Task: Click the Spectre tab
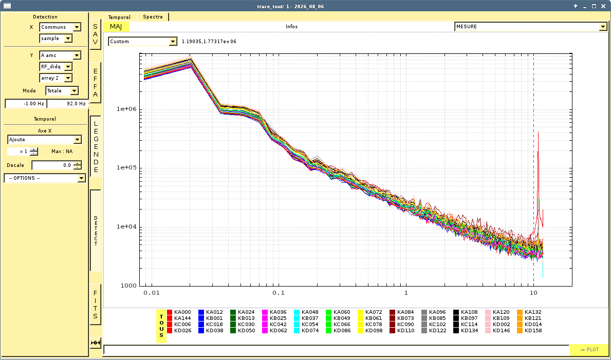[153, 17]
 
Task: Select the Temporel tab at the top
[119, 17]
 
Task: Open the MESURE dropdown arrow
[603, 27]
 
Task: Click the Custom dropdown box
[143, 41]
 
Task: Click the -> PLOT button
[589, 350]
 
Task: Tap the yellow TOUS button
[161, 326]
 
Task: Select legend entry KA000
[179, 312]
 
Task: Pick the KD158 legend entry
[529, 331]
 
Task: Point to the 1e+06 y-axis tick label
[126, 109]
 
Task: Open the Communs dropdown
[61, 27]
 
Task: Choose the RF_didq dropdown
[56, 67]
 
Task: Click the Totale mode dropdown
[62, 91]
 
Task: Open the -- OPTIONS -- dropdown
[45, 178]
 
